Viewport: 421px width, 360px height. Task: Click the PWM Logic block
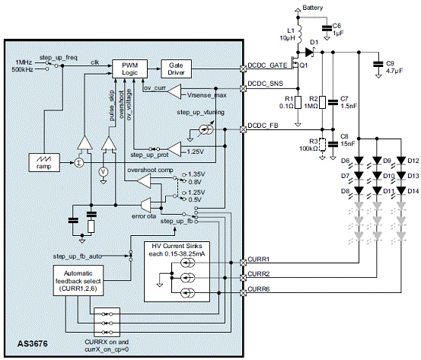(x=129, y=69)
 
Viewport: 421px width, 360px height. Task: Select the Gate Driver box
(x=176, y=69)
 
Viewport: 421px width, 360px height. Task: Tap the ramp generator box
(x=44, y=162)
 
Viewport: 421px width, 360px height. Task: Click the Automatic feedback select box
(x=78, y=281)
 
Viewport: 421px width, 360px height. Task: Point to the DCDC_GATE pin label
(x=267, y=65)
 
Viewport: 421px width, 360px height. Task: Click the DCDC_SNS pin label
(x=265, y=84)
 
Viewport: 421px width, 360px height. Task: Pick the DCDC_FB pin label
(x=263, y=126)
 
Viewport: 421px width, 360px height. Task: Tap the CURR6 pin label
(x=259, y=289)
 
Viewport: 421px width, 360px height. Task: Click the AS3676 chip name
(x=33, y=344)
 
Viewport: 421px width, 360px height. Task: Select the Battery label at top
(x=313, y=8)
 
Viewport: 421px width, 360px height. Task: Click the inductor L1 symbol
(x=299, y=33)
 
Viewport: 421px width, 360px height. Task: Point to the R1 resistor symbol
(x=298, y=102)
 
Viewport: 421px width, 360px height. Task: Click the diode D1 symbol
(x=310, y=53)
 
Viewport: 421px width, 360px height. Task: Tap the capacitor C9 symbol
(x=378, y=65)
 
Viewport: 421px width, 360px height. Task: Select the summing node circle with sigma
(x=78, y=162)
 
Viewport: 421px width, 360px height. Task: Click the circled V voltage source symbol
(x=103, y=172)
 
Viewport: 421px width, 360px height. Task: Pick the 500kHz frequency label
(x=22, y=69)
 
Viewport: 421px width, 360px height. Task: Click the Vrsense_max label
(x=207, y=95)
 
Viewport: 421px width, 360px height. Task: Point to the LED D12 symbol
(x=401, y=161)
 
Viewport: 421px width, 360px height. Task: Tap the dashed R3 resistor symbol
(x=322, y=145)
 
